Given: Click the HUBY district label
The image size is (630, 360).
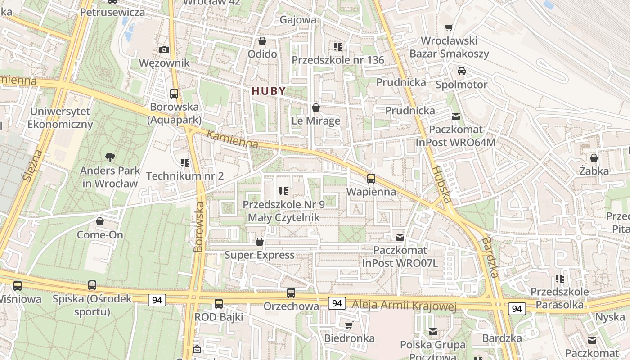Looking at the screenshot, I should (x=269, y=91).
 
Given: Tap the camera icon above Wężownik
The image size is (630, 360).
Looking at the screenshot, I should (x=164, y=49).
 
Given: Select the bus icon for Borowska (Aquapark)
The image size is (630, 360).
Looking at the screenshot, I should (x=174, y=94).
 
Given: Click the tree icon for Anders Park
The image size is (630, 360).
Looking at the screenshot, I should (x=110, y=157).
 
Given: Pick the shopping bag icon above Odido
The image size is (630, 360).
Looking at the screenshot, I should (x=262, y=41).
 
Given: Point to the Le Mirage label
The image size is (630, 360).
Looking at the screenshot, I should (x=316, y=121).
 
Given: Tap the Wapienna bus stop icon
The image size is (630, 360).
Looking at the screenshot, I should (x=371, y=178).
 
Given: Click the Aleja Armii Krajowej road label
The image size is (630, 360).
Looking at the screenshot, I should (x=404, y=306).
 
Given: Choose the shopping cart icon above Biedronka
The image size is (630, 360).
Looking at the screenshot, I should (x=349, y=325).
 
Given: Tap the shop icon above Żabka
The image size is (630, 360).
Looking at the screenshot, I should (x=594, y=158).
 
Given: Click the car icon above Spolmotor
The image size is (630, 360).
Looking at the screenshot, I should (x=461, y=71).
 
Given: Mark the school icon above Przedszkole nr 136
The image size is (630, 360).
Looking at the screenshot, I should (x=338, y=46).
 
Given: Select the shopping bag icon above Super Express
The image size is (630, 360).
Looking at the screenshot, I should (x=259, y=242).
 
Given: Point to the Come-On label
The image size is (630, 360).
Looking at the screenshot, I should (x=100, y=234).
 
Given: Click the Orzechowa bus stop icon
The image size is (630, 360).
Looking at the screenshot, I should (x=291, y=293).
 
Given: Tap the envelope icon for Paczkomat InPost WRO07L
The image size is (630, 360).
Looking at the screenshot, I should (x=400, y=237).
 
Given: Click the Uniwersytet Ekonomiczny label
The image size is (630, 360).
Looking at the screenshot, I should (x=60, y=118).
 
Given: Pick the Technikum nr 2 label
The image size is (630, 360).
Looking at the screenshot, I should (x=185, y=176).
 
